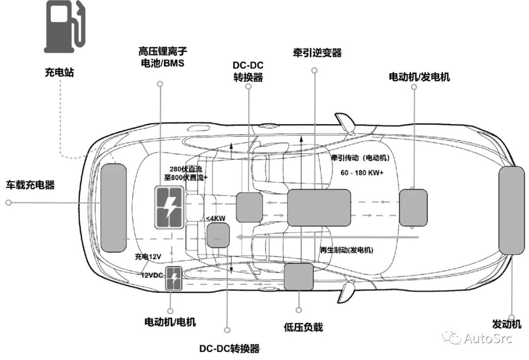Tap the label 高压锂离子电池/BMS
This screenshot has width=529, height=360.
click(162, 57)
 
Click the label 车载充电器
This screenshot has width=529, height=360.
click(30, 185)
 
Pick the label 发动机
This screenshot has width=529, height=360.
click(506, 324)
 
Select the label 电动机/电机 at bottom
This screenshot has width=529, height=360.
click(170, 322)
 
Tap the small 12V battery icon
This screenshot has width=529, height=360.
click(174, 279)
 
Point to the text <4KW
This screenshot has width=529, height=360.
click(214, 218)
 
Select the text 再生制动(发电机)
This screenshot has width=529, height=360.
click(346, 250)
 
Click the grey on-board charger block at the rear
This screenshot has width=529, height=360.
click(113, 208)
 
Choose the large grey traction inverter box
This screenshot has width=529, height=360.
click(319, 208)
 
